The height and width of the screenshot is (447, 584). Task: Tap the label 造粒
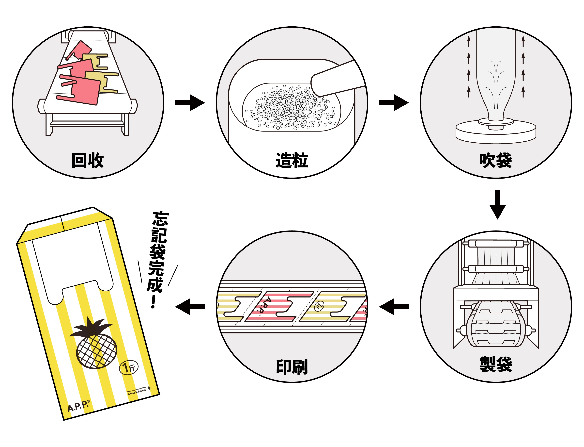pos(292,160)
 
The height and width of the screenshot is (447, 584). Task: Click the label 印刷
pos(292,367)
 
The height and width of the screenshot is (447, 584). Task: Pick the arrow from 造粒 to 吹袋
pos(394,103)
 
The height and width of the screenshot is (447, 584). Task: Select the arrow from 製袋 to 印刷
pos(394,307)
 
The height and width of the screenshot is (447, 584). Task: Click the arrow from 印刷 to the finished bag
pos(190,307)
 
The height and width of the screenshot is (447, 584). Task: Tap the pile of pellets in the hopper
pos(291,108)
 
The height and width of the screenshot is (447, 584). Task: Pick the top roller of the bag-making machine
pos(496,244)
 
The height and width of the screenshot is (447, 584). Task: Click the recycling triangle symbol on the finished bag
pos(150,388)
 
